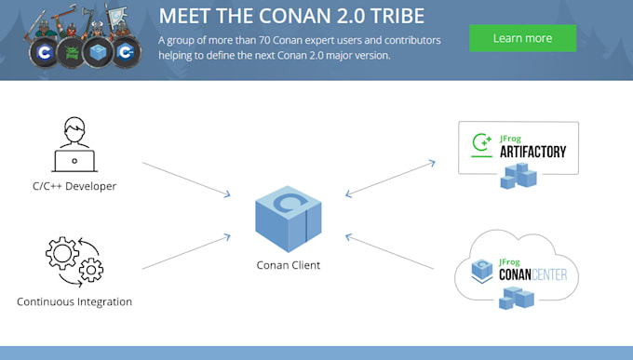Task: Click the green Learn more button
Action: (522, 38)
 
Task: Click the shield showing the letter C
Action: (40, 53)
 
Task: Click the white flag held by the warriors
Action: (115, 16)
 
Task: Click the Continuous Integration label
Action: (74, 301)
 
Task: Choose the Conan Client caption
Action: (288, 265)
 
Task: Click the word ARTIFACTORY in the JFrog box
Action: (532, 152)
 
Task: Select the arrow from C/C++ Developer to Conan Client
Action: (186, 179)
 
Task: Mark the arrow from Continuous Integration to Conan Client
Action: (186, 253)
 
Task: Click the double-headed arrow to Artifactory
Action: (390, 179)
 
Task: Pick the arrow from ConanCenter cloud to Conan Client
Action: (390, 252)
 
